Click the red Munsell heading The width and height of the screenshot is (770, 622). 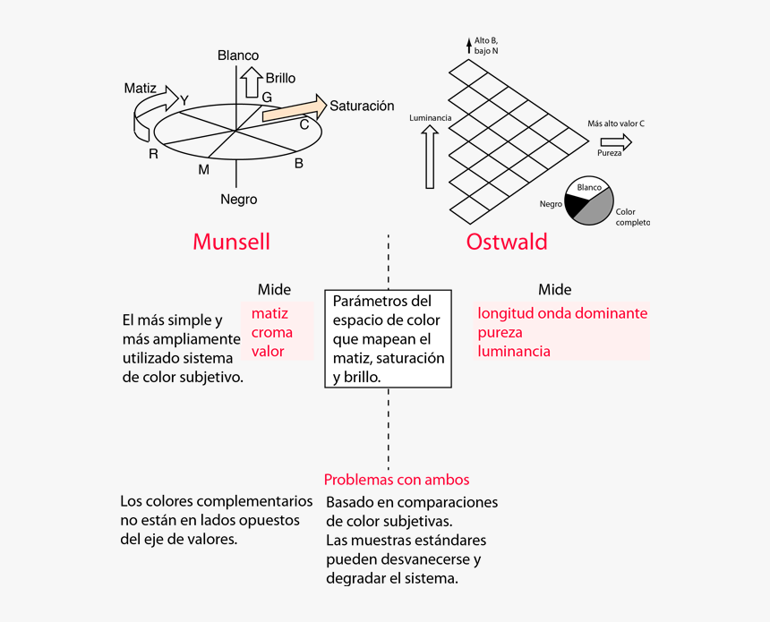231,242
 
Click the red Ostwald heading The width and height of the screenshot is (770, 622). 507,242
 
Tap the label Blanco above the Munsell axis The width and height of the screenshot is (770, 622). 238,55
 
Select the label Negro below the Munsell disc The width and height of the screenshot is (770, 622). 238,200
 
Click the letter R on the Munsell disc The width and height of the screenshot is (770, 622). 153,154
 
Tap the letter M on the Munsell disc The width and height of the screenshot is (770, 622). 203,169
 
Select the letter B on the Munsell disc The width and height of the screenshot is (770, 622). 299,163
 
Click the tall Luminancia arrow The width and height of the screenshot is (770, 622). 430,157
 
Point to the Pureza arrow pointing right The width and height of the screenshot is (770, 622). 616,141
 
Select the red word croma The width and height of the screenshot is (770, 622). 271,333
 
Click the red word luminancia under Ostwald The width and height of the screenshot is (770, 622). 514,352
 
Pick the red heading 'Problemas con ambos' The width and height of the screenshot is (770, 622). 396,480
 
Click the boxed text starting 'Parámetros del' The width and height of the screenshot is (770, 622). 388,339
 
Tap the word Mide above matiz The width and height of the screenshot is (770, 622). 274,289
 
